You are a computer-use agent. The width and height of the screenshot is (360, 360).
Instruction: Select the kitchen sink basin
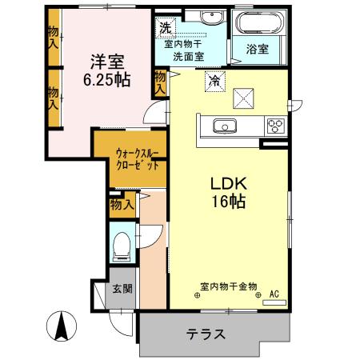(222, 125)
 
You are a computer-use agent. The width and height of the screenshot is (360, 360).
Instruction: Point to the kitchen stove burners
(276, 125)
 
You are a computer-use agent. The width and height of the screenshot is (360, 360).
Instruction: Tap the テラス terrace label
(206, 334)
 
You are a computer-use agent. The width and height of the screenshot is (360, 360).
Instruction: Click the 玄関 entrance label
(122, 288)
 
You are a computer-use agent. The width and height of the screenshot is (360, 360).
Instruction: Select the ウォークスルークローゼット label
(130, 153)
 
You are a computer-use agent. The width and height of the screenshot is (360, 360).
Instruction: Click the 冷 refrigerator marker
(214, 79)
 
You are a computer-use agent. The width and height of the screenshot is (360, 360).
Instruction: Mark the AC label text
(274, 294)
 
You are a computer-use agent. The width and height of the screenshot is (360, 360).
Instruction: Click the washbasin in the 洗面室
(213, 20)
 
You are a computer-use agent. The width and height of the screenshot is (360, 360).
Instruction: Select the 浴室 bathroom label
(257, 49)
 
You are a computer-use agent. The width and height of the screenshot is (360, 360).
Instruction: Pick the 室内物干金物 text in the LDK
(228, 286)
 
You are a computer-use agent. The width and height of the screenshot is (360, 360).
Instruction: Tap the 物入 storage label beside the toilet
(122, 206)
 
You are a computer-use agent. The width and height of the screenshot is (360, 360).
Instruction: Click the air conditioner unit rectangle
(274, 302)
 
